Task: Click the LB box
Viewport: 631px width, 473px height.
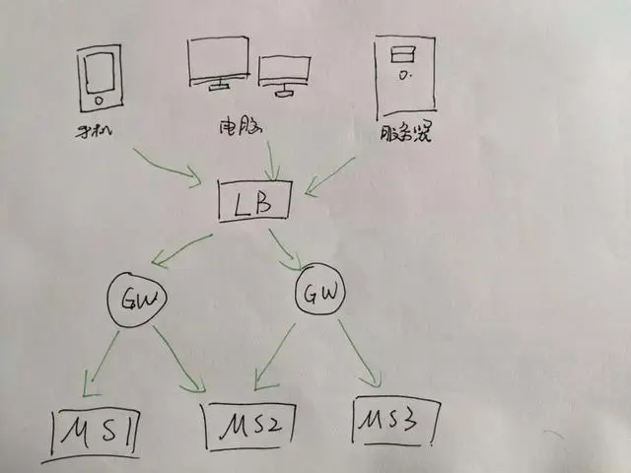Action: point(255,205)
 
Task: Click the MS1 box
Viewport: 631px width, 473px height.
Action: point(97,431)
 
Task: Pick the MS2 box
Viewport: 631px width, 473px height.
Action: point(249,426)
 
